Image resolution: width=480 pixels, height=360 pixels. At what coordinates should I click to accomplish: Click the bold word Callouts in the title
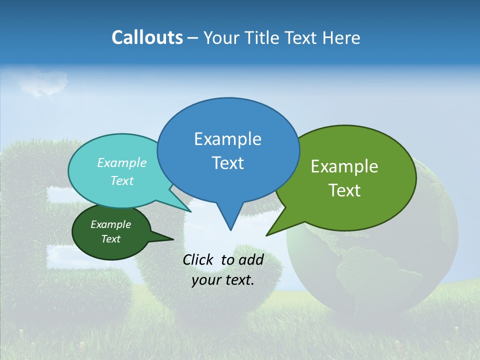147,37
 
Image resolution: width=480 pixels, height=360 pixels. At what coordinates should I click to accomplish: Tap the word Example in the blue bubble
227,139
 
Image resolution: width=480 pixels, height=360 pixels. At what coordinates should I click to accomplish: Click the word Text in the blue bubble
227,163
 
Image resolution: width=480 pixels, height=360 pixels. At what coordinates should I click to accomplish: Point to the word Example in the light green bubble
344,166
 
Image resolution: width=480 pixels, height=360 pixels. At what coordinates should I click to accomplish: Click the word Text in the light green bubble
344,190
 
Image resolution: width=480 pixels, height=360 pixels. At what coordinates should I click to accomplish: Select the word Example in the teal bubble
122,163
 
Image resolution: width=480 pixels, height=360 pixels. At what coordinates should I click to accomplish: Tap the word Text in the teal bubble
122,181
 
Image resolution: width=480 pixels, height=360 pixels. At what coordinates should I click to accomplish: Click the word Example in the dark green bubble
110,224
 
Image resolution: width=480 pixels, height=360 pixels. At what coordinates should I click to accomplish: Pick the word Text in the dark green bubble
110,239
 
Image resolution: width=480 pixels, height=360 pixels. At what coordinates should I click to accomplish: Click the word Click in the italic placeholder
199,259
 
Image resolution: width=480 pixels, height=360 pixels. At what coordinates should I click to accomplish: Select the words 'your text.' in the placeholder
223,280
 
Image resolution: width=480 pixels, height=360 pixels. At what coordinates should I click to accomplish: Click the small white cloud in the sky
44,83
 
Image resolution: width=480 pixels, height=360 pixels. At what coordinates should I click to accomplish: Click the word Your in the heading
222,37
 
